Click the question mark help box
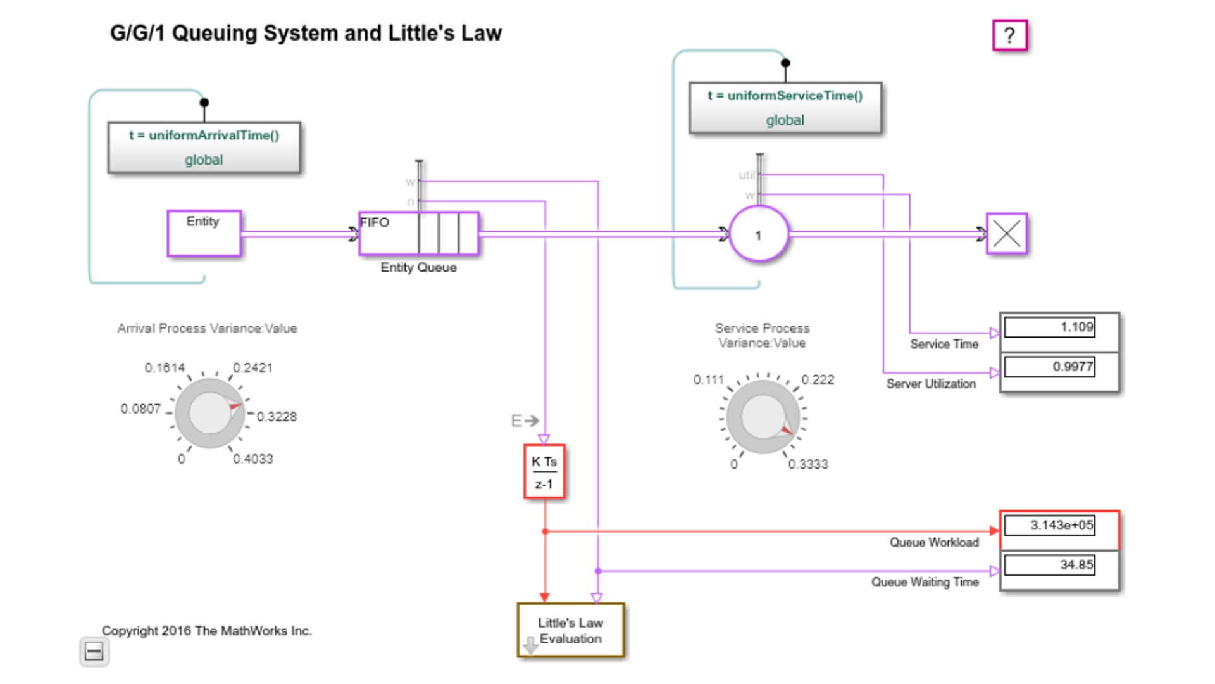(x=1009, y=35)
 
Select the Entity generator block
(x=204, y=234)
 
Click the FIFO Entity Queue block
(x=418, y=234)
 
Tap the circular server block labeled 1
(x=759, y=234)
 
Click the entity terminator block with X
(x=1006, y=234)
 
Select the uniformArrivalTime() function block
(x=204, y=147)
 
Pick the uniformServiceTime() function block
(x=785, y=108)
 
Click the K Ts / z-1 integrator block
(x=544, y=472)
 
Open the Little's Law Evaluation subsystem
(x=571, y=630)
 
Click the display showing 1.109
(x=1049, y=327)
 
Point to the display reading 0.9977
(x=1049, y=367)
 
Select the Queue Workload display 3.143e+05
(x=1049, y=526)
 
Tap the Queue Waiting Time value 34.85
(x=1049, y=565)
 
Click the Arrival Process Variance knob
(x=209, y=413)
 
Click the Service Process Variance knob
(x=763, y=417)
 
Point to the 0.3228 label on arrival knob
(x=277, y=417)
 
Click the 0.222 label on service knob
(x=818, y=380)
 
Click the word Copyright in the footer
(x=130, y=631)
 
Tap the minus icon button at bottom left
(x=94, y=652)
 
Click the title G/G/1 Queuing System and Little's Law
(x=306, y=33)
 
